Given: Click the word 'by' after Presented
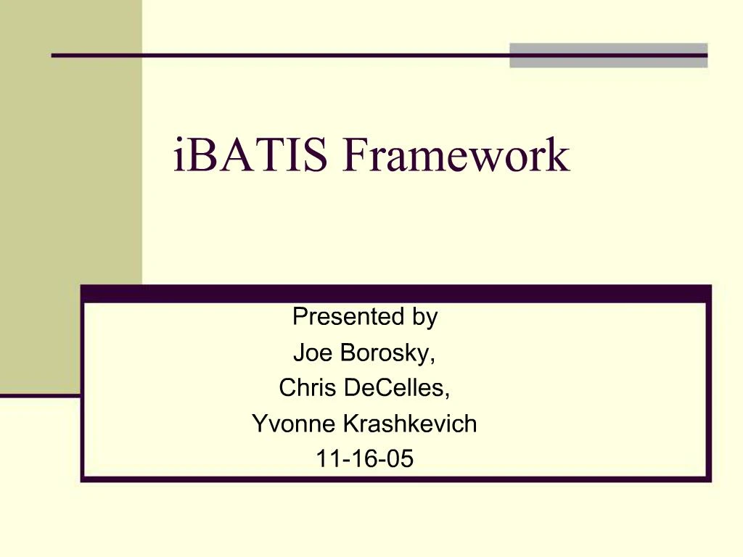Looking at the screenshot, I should coord(426,317).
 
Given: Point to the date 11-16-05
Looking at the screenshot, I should coord(365,459).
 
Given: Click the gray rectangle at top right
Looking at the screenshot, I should coord(608,55).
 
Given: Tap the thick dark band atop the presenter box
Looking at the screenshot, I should coord(395,293).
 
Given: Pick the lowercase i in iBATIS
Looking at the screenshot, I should coord(178,157).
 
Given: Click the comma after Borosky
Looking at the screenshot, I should coord(433,359).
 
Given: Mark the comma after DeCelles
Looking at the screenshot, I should coord(448,395).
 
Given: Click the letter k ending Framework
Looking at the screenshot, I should coord(559,157).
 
